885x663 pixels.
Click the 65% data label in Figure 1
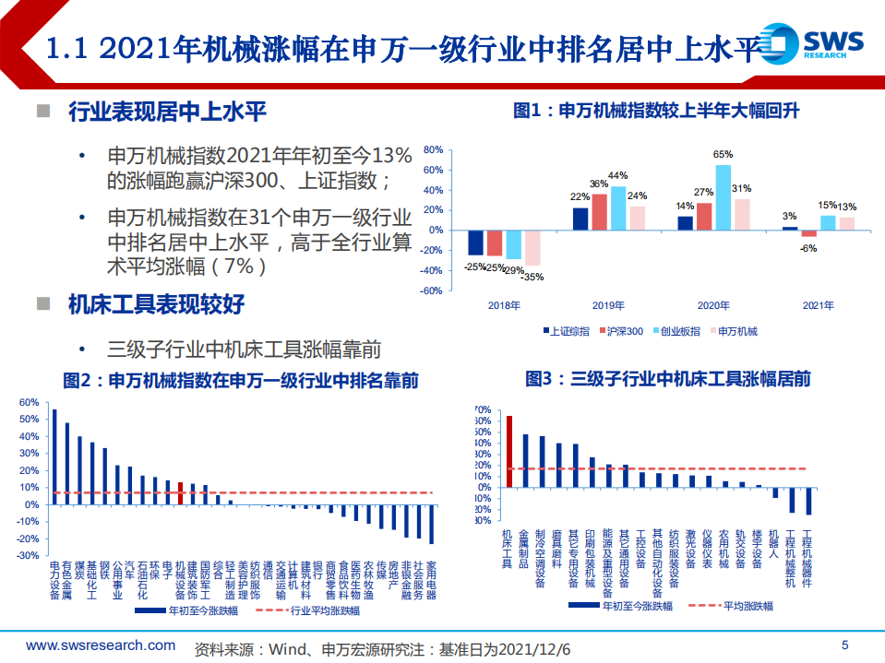(723, 155)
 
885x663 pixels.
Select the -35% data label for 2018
(533, 276)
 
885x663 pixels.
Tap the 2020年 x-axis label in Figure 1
(713, 305)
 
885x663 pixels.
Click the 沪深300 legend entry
(625, 330)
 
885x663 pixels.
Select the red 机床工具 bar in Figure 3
(508, 451)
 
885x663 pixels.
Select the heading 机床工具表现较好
(156, 304)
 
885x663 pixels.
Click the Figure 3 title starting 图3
(667, 378)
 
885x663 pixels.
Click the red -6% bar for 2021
(808, 232)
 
